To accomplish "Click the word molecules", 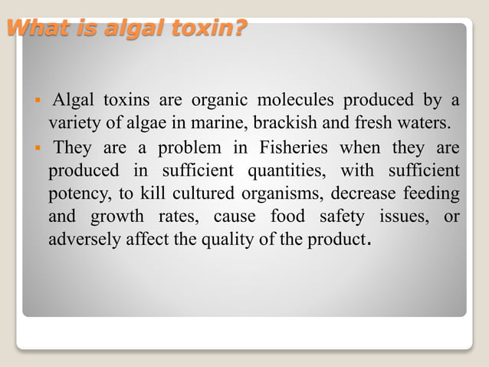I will click(x=295, y=100).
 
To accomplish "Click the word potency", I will click(x=75, y=193).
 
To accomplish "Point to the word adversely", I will click(x=80, y=239).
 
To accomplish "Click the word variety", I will click(x=73, y=123).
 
